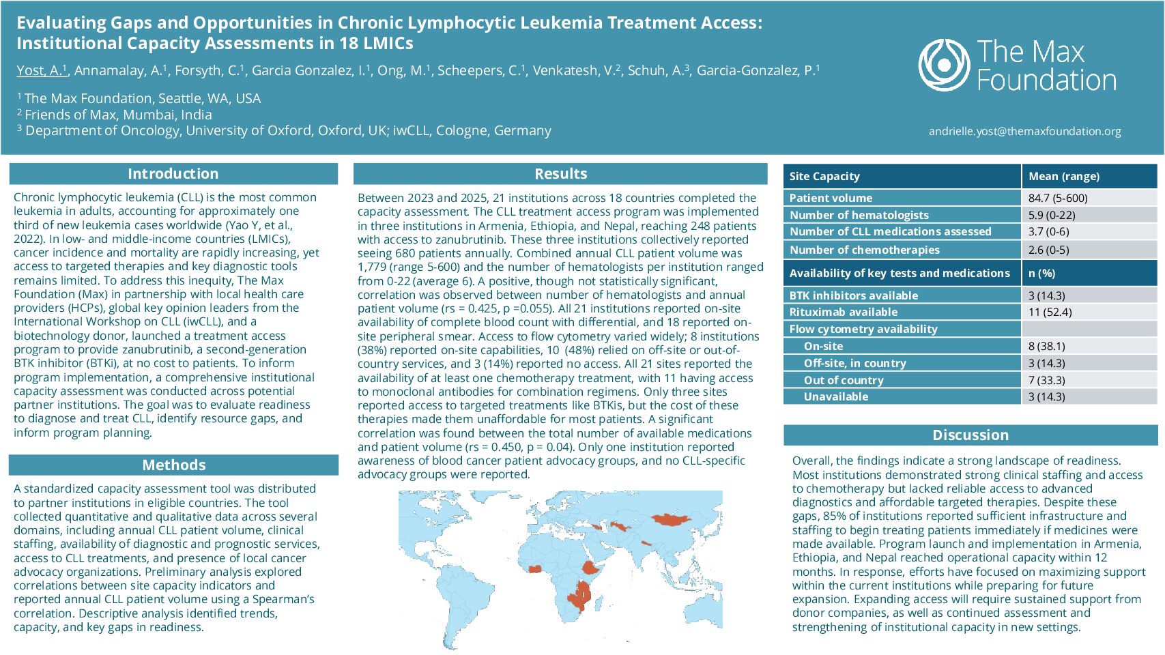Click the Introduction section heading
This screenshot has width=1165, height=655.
click(x=173, y=174)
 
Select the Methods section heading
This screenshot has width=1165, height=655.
click(x=173, y=465)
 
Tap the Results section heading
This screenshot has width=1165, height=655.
click(x=560, y=174)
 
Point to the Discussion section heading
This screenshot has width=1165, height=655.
click(x=970, y=435)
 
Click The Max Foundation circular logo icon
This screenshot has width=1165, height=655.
click(x=944, y=65)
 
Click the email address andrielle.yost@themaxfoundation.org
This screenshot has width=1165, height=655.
click(x=1024, y=131)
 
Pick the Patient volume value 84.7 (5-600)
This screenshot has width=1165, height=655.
click(x=1058, y=198)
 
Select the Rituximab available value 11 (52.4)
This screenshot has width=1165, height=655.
click(x=1050, y=312)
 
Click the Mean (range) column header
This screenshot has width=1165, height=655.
click(x=1063, y=176)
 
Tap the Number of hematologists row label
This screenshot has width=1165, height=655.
click(x=859, y=215)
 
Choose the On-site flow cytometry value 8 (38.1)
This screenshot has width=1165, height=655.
click(x=1046, y=346)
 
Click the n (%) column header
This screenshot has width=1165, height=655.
click(x=1041, y=273)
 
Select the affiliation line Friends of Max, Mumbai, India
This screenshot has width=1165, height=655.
click(x=117, y=115)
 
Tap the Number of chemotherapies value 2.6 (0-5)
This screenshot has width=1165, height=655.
click(x=1048, y=250)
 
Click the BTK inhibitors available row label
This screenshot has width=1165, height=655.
click(x=853, y=295)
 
